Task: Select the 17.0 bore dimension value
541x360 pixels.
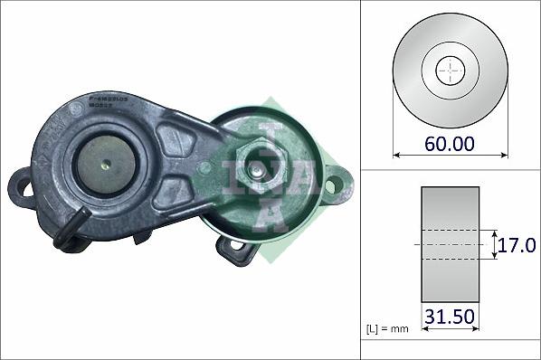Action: click(517, 244)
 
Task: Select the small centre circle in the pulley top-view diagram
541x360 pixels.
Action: click(450, 70)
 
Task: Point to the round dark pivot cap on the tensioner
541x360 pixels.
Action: click(104, 166)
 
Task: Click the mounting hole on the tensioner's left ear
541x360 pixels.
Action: click(20, 188)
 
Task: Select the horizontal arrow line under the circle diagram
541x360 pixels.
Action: click(450, 156)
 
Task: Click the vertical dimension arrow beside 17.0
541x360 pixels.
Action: click(495, 244)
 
